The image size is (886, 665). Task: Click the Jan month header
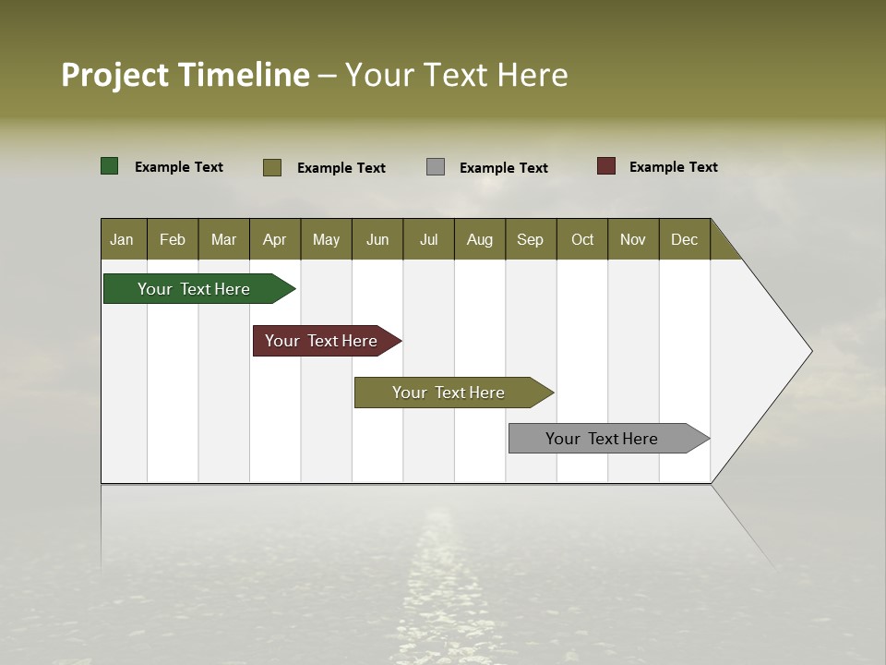(x=123, y=239)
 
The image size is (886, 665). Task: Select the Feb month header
(x=173, y=239)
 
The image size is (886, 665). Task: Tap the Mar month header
(x=223, y=239)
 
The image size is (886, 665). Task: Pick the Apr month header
(x=275, y=239)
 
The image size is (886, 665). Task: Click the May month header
(x=326, y=239)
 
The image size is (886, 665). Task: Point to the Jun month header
(x=377, y=239)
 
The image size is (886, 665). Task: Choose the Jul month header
(x=428, y=239)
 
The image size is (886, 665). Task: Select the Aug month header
(x=480, y=239)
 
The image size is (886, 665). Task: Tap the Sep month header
(x=531, y=239)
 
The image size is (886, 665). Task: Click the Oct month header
(x=582, y=239)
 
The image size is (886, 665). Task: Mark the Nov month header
(x=633, y=239)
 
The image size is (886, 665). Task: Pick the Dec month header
(x=685, y=239)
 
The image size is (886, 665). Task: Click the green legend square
(x=110, y=166)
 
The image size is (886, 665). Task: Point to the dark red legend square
(x=606, y=166)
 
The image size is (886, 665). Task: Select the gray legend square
(x=436, y=167)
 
